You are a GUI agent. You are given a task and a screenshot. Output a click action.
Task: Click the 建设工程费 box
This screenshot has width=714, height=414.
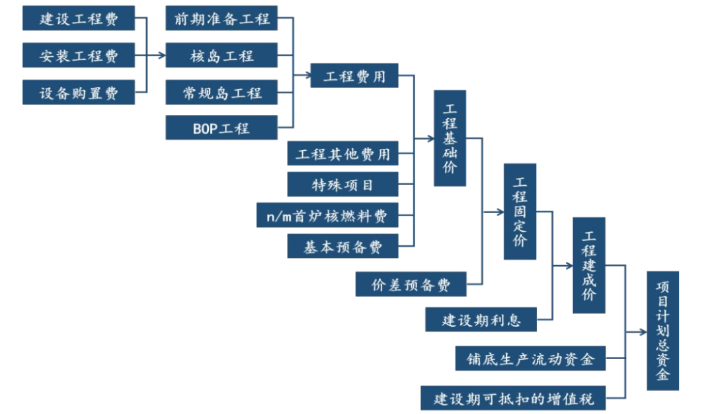pos(79,19)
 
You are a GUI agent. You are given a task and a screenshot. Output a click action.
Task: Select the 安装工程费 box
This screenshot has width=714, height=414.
pos(79,56)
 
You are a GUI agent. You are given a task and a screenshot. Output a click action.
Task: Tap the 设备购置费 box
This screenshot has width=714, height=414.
pos(79,93)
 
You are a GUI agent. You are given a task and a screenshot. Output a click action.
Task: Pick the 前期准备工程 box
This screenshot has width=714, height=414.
pos(221,19)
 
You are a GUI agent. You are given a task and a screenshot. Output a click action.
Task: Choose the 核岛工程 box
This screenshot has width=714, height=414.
pos(221,56)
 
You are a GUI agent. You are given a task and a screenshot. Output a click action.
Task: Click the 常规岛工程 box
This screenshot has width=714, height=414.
pos(221,93)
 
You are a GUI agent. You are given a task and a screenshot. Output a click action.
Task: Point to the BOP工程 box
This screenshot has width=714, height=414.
pos(221,128)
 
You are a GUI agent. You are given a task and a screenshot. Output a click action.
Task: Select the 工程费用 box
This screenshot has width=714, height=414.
pos(354,75)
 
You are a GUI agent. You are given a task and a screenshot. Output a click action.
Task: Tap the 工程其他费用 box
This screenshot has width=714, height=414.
pos(343,154)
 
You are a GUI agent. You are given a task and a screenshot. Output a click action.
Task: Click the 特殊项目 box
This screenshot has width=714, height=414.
pos(343,185)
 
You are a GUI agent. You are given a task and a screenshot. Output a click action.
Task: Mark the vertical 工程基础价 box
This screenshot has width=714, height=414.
pos(450,138)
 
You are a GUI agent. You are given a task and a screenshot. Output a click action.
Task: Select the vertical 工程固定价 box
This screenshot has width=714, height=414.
pos(520,211)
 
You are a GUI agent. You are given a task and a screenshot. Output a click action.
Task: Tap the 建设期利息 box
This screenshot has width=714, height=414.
pos(481,320)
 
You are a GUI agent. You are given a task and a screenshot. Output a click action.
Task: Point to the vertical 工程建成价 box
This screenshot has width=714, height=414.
pos(589,265)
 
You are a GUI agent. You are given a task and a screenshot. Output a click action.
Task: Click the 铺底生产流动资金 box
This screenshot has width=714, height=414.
pos(530,358)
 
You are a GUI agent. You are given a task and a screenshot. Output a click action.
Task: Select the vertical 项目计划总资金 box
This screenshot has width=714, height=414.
pos(662,330)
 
